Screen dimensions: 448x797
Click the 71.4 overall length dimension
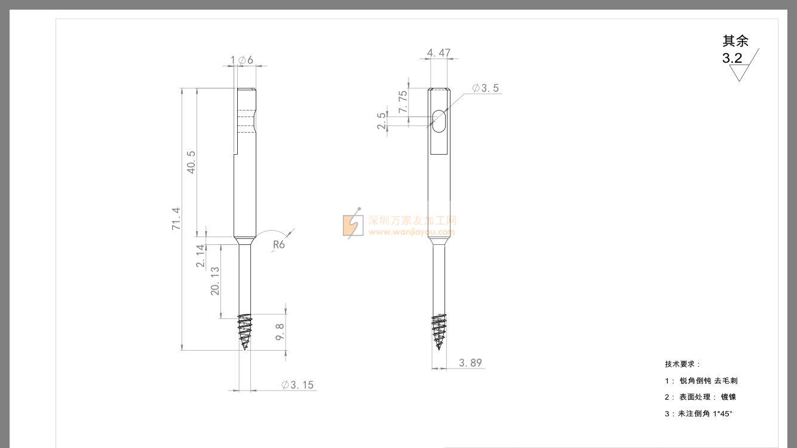(176, 219)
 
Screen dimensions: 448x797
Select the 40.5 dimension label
(191, 162)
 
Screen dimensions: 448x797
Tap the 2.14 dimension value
(201, 256)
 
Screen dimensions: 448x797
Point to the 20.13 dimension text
(215, 280)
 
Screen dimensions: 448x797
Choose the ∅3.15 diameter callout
(298, 385)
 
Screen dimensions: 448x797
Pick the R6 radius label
(278, 244)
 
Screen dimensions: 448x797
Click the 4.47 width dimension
(439, 53)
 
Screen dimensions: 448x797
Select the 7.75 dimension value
(403, 102)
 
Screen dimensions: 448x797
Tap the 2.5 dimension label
(382, 121)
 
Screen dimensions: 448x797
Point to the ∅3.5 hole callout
(485, 88)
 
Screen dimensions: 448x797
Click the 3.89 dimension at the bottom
(470, 363)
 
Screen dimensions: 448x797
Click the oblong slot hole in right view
(439, 121)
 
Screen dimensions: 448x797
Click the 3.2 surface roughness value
(732, 59)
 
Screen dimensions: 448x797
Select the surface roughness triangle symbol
(740, 73)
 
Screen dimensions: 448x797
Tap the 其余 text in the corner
(735, 41)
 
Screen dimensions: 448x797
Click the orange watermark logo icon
(352, 225)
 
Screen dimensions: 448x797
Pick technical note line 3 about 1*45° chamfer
(698, 413)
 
